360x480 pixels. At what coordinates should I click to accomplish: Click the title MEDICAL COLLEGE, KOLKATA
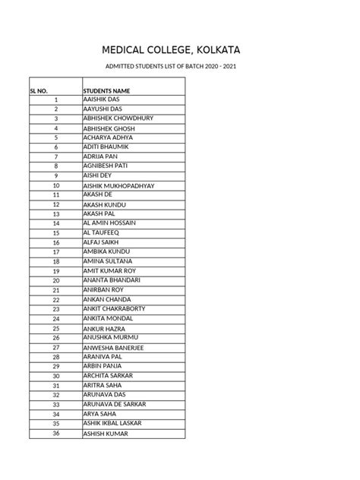pyautogui.click(x=180, y=51)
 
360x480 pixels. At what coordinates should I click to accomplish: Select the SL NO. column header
pyautogui.click(x=39, y=90)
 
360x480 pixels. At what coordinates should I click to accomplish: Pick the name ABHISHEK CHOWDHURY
pyautogui.click(x=118, y=118)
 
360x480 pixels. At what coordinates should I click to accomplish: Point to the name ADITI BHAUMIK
pyautogui.click(x=106, y=147)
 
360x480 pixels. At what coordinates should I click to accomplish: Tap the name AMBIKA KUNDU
pyautogui.click(x=106, y=251)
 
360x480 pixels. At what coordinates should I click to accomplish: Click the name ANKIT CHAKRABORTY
pyautogui.click(x=116, y=309)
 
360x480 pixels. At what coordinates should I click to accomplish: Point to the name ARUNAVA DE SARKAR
pyautogui.click(x=114, y=405)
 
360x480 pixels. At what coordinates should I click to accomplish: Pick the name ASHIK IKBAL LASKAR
pyautogui.click(x=115, y=424)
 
